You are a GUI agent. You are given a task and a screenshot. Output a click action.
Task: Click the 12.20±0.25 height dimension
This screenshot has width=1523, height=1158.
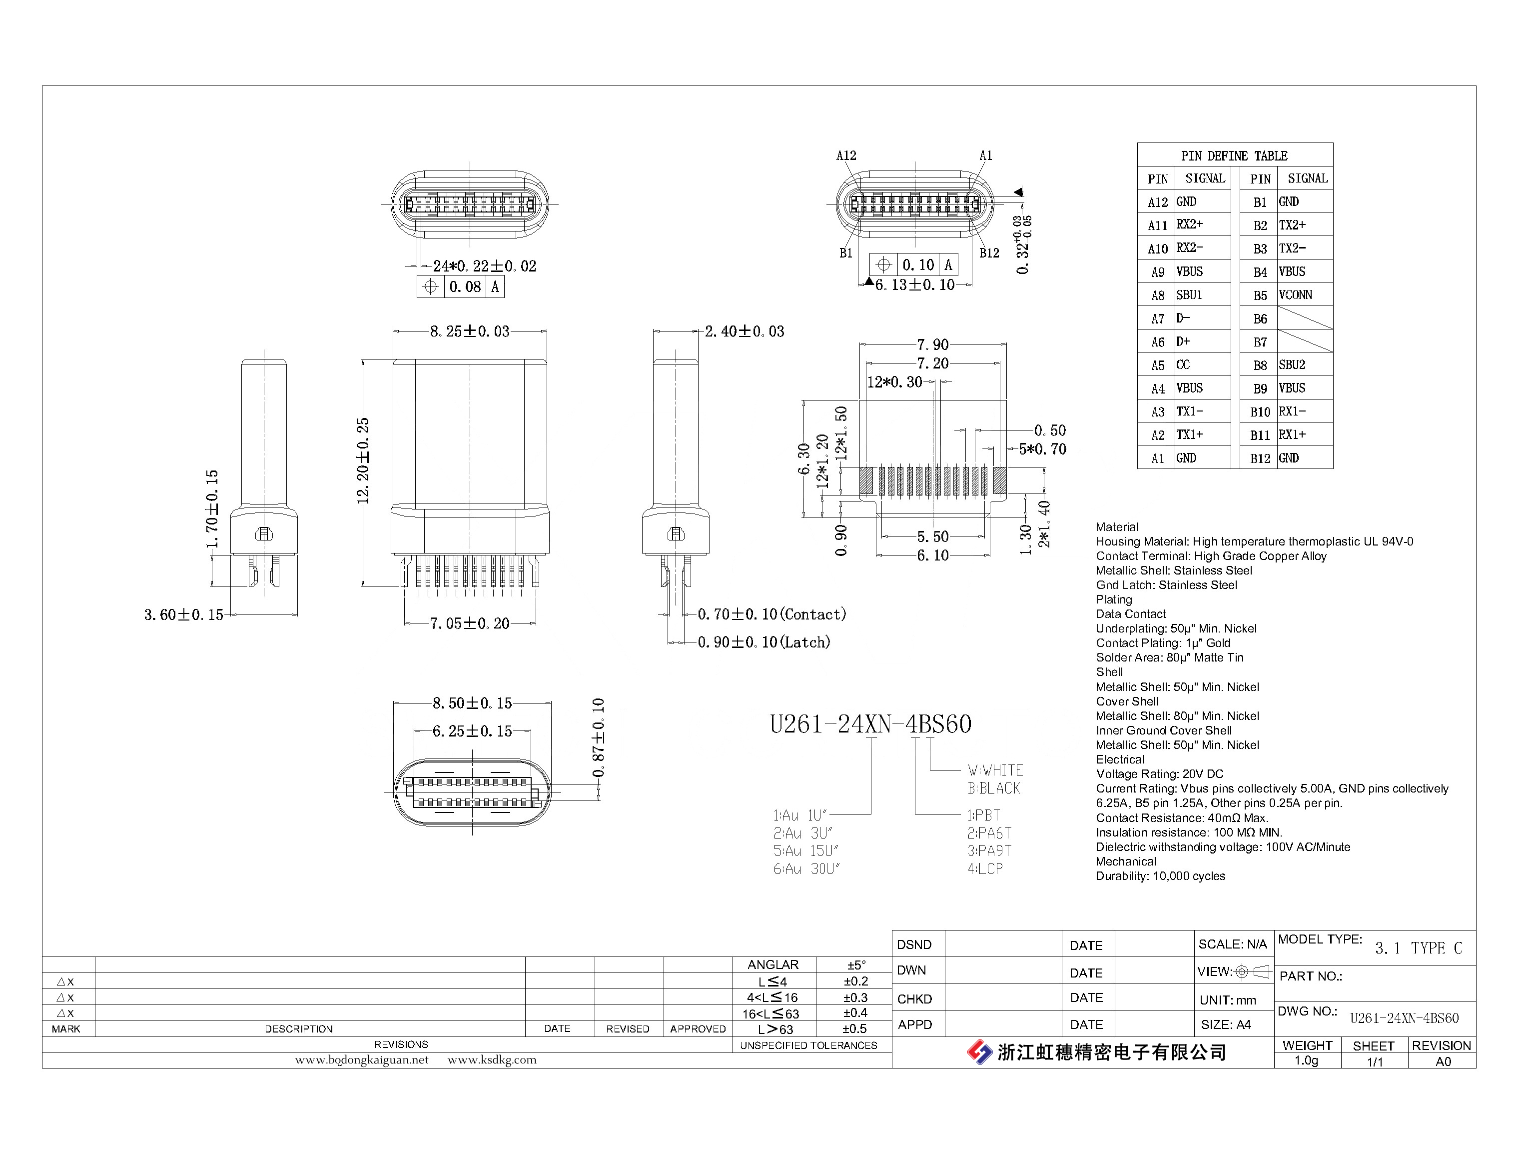(x=364, y=460)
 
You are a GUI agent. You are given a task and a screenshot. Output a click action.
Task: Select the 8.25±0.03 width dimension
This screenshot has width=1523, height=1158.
(x=470, y=331)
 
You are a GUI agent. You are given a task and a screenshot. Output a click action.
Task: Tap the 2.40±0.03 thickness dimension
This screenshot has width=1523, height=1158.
(x=745, y=331)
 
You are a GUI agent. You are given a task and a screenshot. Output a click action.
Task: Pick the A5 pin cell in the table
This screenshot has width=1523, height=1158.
(x=1158, y=365)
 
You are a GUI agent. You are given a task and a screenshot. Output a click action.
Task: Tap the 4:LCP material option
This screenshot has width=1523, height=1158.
(x=985, y=869)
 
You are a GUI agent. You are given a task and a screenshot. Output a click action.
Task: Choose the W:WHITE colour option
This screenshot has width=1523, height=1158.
(x=995, y=770)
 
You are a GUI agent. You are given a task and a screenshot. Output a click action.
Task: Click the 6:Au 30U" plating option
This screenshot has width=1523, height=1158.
(x=806, y=869)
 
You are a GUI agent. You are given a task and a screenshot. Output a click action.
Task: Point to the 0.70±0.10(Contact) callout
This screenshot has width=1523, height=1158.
(x=771, y=614)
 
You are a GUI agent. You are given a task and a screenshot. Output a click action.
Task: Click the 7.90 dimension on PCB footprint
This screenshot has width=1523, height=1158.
(x=933, y=344)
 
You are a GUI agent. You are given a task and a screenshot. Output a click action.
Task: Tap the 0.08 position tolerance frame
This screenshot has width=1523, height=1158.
(x=461, y=286)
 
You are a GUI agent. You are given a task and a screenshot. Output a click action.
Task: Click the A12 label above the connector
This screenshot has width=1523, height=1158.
(x=846, y=156)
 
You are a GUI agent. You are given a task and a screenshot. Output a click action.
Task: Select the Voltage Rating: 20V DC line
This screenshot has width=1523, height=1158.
(x=1160, y=774)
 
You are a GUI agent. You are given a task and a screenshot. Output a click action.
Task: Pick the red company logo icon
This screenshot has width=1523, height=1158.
(x=979, y=1052)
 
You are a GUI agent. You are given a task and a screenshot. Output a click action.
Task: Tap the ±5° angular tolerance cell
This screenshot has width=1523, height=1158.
(x=855, y=965)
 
